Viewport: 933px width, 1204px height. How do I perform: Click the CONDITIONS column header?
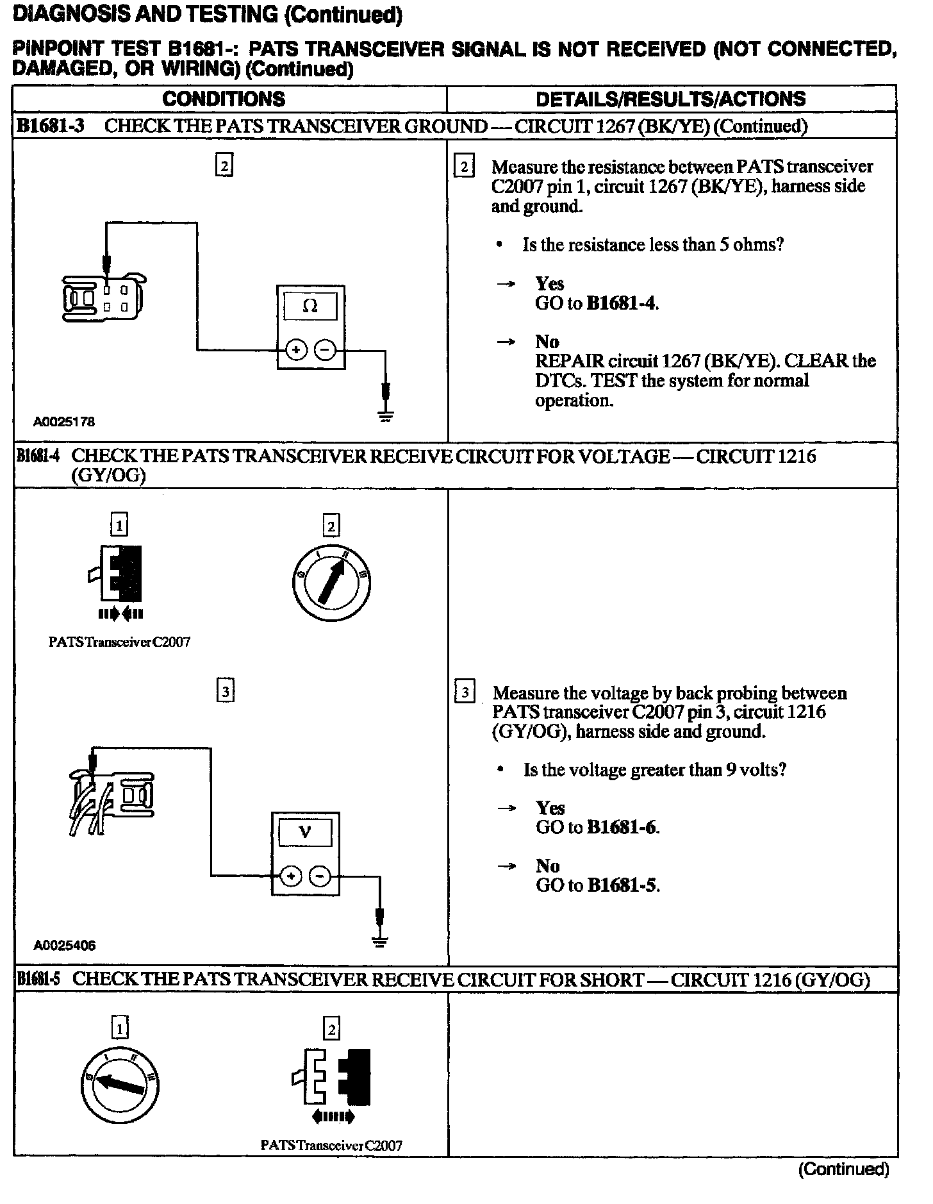click(x=224, y=99)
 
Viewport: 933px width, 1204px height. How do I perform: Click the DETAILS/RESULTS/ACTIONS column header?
click(x=670, y=99)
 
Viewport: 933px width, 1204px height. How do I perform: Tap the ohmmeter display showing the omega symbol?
click(x=310, y=306)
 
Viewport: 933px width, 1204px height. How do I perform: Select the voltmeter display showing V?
click(x=305, y=833)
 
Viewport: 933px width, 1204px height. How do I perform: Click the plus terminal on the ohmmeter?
click(x=295, y=350)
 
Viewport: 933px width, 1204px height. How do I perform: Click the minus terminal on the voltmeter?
click(x=320, y=876)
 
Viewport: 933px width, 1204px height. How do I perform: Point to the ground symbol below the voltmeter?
click(x=381, y=942)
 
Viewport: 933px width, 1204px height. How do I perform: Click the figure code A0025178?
click(x=64, y=422)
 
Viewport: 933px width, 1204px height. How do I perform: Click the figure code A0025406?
click(x=64, y=946)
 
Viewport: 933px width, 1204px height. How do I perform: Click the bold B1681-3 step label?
click(x=50, y=126)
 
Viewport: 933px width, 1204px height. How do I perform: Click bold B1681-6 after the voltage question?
click(x=622, y=828)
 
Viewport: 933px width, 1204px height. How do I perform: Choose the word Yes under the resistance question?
click(x=550, y=283)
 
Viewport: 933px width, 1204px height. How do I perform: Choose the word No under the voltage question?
click(x=547, y=866)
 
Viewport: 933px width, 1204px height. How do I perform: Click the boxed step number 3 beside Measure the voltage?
click(x=464, y=693)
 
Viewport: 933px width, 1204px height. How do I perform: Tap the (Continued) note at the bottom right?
click(x=843, y=1169)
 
